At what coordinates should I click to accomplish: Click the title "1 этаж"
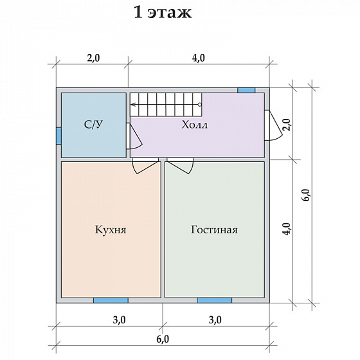(x=162, y=12)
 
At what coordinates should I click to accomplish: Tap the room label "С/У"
(x=93, y=125)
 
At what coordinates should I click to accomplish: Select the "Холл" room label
(x=194, y=125)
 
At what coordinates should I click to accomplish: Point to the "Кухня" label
(x=111, y=230)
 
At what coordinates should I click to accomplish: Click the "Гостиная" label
(x=214, y=230)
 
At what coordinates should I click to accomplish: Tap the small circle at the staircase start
(x=200, y=104)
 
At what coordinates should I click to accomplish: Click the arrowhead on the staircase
(x=132, y=104)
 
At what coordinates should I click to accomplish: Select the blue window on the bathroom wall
(x=59, y=136)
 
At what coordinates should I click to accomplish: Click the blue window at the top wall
(x=246, y=90)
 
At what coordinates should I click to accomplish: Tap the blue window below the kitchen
(x=111, y=300)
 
